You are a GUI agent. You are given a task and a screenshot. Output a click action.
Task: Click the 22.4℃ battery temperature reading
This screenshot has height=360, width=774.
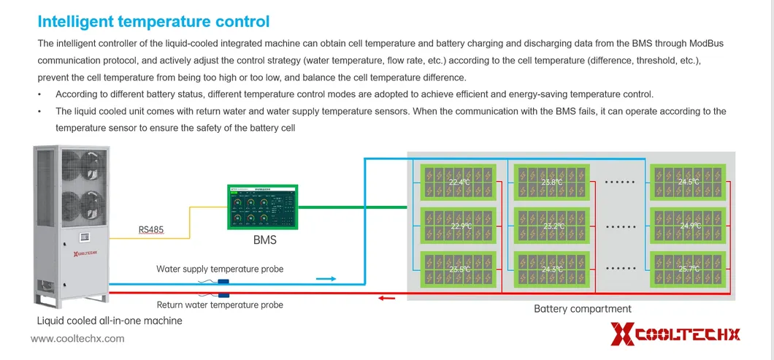click(459, 183)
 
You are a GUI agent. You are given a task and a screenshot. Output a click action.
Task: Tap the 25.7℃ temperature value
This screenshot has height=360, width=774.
click(689, 269)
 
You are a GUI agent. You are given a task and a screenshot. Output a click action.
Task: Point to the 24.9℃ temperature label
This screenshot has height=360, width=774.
click(690, 226)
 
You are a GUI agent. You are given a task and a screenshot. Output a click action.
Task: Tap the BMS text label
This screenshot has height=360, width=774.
click(264, 240)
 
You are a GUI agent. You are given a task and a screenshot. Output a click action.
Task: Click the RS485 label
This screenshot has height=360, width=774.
click(151, 230)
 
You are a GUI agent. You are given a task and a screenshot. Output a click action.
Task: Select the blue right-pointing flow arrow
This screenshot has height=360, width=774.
click(326, 278)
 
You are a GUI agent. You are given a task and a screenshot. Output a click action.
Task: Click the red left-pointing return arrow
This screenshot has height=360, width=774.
click(387, 297)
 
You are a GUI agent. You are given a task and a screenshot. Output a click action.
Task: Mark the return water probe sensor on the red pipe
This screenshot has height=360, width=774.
click(223, 294)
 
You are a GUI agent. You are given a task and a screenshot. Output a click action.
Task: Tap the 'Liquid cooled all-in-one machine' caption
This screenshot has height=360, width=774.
click(110, 321)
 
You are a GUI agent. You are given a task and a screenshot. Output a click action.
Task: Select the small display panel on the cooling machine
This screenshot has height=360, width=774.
click(85, 237)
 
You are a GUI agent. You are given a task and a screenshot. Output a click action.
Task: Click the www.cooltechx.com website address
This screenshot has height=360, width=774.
click(77, 339)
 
